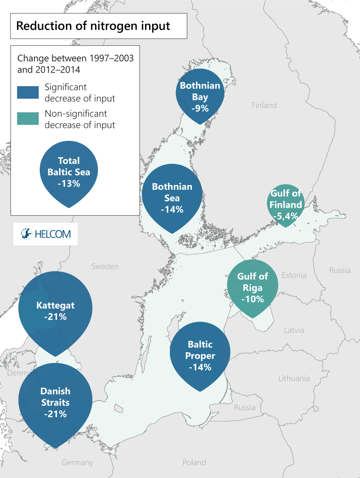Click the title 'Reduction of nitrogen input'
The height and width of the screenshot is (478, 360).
(x=93, y=26)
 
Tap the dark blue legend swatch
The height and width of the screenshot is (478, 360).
(x=28, y=92)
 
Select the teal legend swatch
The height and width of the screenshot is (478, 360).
(x=28, y=119)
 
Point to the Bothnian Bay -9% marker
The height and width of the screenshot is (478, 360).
(x=200, y=95)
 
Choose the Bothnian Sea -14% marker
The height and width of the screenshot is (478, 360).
(x=172, y=197)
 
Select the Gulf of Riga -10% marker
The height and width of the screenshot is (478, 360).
(x=253, y=287)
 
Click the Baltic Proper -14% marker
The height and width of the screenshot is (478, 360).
(x=200, y=355)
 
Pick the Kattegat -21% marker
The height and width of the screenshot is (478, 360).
(x=55, y=311)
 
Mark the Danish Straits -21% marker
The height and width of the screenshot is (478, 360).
(x=55, y=402)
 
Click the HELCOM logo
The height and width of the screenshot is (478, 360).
(x=46, y=234)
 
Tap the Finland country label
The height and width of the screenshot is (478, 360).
(x=264, y=106)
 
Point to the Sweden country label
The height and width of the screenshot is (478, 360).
(x=105, y=266)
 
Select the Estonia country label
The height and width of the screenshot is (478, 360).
(x=294, y=275)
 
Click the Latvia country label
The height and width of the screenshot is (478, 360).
(x=294, y=330)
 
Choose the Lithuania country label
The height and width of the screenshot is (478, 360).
(x=294, y=379)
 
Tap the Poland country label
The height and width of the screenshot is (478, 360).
(x=194, y=462)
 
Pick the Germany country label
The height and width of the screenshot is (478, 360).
(x=77, y=462)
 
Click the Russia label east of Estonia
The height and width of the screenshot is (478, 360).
(x=340, y=271)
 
